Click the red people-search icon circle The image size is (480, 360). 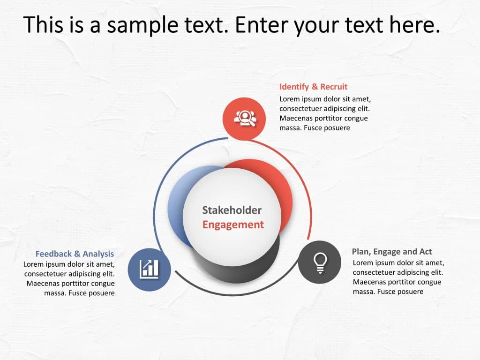[x=244, y=119]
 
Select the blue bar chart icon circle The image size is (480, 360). [x=149, y=269]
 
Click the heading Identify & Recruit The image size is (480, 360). [x=313, y=87]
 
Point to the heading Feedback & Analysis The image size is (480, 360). [x=75, y=254]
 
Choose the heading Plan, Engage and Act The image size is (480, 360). [x=392, y=252]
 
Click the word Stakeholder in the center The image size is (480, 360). [x=232, y=210]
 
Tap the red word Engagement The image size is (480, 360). [x=233, y=225]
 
